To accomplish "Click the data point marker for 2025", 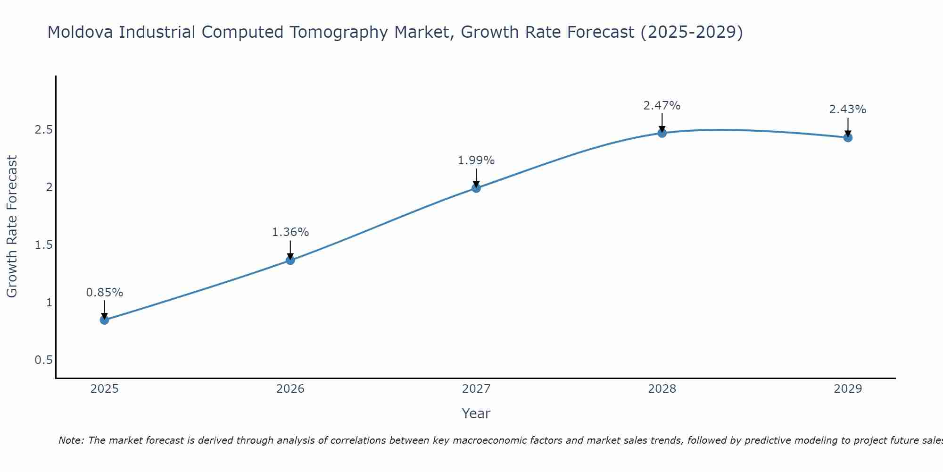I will coord(104,320).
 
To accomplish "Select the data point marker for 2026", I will coord(290,260).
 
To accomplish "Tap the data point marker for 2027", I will coord(476,188).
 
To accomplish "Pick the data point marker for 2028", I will coord(662,133).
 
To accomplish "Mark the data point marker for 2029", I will coord(848,137).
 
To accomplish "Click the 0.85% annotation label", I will coord(104,293).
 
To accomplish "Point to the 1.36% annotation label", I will coord(290,232).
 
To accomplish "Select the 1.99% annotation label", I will coord(476,160).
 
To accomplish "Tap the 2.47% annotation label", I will coord(662,106).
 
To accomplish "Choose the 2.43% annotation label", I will coord(848,110).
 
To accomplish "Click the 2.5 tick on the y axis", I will coord(43,130).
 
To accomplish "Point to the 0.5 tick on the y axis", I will coord(43,360).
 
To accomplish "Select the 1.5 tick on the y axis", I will coord(43,245).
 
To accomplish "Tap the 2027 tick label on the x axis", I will coord(476,389).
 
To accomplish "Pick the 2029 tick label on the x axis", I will coord(848,389).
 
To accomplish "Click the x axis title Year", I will coord(476,413).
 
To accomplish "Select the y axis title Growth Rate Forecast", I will coord(12,227).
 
